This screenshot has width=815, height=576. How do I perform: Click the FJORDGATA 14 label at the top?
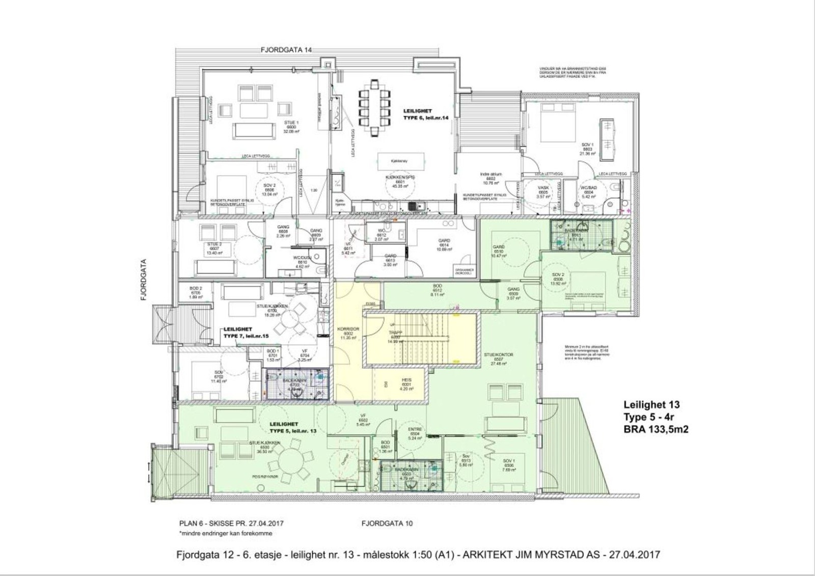(285, 50)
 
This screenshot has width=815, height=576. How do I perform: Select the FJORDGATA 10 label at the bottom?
(387, 523)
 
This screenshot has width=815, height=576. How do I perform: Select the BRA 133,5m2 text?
(656, 429)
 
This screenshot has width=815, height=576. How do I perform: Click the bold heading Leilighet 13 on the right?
(651, 405)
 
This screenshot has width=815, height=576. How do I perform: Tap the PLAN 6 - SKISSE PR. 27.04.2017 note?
(231, 523)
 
